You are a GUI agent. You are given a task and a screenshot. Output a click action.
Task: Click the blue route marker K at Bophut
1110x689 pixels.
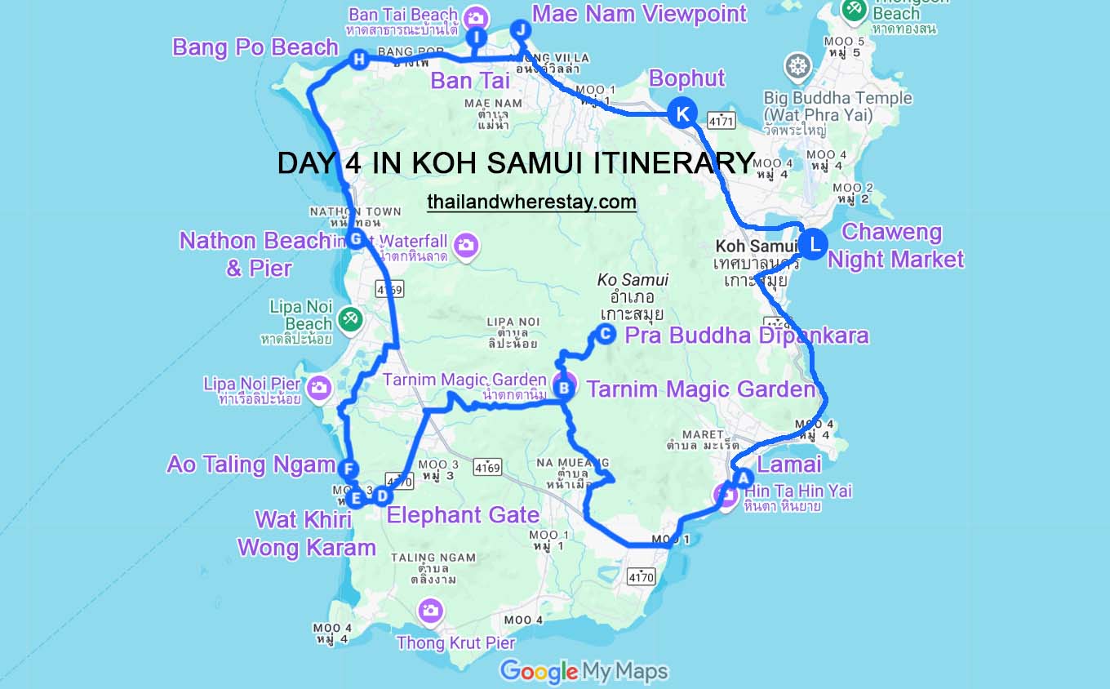tap(682, 113)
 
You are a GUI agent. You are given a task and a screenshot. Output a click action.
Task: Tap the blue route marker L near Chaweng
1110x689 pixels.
tap(813, 243)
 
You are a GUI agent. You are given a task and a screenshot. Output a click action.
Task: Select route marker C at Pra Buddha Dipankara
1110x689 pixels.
tap(605, 332)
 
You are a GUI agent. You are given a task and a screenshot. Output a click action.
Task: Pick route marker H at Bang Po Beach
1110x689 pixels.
tap(357, 58)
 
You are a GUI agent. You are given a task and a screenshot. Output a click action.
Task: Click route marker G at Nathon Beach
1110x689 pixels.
tap(355, 239)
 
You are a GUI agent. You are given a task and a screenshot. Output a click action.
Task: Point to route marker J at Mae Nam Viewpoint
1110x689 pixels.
tap(520, 29)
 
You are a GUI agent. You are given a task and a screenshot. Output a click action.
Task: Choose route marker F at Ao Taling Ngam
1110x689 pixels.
tap(348, 469)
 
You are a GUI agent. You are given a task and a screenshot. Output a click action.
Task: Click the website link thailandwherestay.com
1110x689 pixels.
tap(531, 202)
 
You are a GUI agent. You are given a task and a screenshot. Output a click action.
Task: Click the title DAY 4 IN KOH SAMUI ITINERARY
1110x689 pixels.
tap(516, 163)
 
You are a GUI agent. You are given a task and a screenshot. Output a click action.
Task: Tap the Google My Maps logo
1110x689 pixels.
tap(584, 672)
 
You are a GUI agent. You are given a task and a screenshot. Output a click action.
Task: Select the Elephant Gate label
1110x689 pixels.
tap(463, 515)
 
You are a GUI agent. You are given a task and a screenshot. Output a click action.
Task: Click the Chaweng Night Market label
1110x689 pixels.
tap(895, 246)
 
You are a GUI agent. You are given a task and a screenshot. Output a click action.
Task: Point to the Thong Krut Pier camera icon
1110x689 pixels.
tap(430, 610)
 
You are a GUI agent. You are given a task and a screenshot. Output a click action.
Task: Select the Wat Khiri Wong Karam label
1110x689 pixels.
tap(306, 533)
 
